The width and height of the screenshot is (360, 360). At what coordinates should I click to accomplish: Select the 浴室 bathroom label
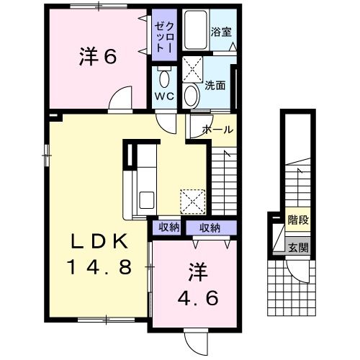tap(219, 32)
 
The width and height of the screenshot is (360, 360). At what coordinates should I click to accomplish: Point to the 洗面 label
tap(215, 85)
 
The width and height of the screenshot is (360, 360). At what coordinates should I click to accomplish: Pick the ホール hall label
tap(217, 130)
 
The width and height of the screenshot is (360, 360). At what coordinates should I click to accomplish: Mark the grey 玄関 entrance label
tap(297, 247)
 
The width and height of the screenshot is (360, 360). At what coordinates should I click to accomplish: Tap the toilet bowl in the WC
tap(163, 78)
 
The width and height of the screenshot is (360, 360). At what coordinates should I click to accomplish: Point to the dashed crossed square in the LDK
tap(192, 201)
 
